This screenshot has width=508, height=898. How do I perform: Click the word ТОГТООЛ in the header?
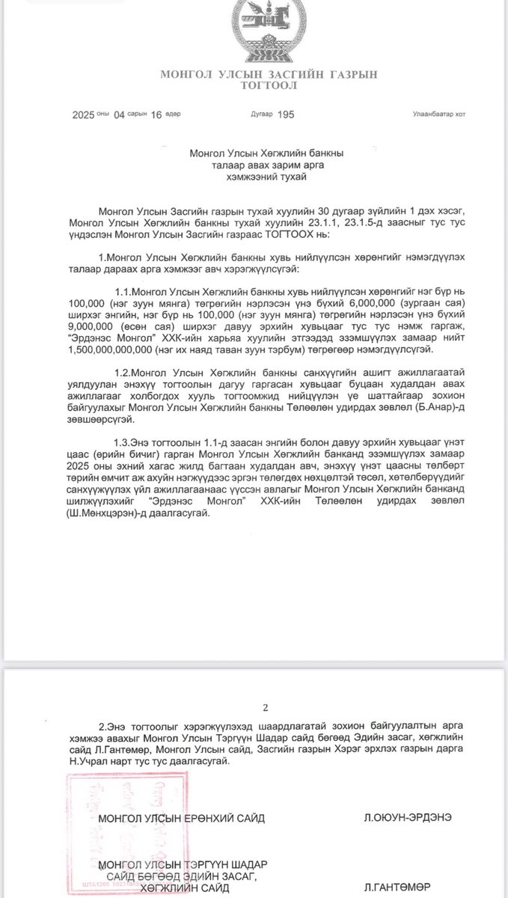point(269,86)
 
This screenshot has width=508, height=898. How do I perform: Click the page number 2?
point(265,706)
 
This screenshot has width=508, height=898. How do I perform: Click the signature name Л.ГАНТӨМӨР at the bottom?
point(398,888)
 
